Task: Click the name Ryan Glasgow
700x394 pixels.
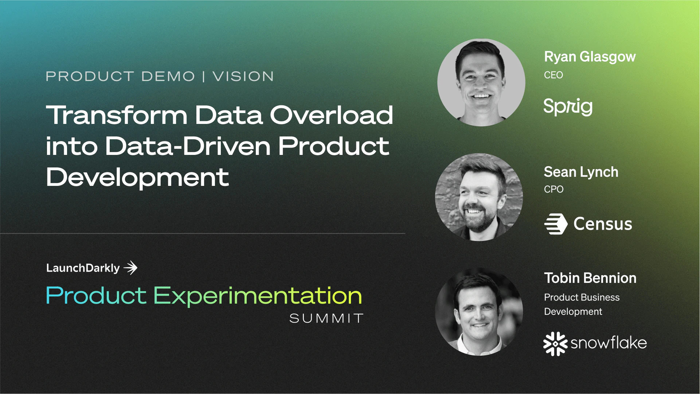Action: tap(590, 57)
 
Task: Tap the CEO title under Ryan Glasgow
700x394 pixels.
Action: tap(553, 75)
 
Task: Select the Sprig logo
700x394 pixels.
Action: tap(568, 107)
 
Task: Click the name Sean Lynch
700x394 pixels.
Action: tap(581, 172)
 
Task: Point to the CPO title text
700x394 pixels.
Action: tap(554, 189)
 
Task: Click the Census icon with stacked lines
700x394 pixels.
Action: tap(556, 223)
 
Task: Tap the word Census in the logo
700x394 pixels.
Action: tap(603, 224)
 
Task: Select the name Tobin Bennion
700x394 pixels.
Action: tap(590, 278)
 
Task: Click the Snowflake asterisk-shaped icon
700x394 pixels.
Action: tap(555, 343)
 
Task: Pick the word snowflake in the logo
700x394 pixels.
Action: tap(609, 343)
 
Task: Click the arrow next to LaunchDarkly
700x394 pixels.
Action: tap(130, 268)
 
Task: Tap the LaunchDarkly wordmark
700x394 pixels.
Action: tap(83, 268)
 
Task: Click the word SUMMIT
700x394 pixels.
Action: tap(326, 318)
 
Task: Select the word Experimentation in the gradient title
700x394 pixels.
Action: tap(257, 296)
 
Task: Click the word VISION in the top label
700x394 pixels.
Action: tap(243, 77)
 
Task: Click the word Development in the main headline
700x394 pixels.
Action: tap(137, 178)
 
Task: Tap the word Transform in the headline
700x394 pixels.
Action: tap(117, 115)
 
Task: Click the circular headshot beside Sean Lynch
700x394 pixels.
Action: tap(479, 197)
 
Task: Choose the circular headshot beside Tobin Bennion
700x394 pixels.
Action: tap(479, 312)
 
